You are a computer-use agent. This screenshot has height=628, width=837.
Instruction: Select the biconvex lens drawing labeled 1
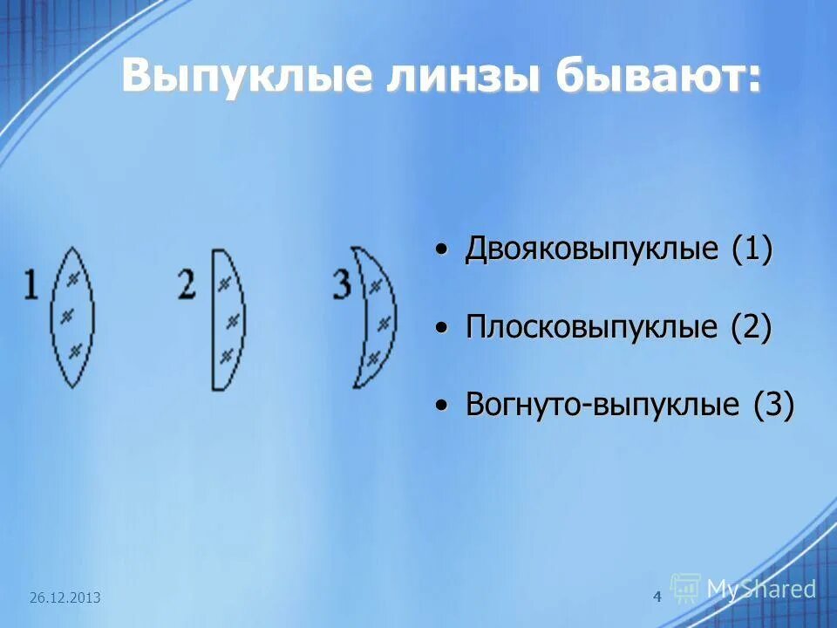click(73, 316)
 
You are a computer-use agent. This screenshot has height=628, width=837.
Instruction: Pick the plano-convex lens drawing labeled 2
click(227, 319)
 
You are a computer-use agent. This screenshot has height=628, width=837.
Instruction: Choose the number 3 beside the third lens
click(341, 284)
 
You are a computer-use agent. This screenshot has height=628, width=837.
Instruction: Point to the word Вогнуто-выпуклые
click(602, 405)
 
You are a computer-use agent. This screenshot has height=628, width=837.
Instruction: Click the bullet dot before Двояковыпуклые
click(443, 251)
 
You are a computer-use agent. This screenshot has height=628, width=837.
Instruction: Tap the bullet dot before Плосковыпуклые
click(443, 328)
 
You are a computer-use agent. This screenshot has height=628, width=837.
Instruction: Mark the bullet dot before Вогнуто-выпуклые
click(443, 406)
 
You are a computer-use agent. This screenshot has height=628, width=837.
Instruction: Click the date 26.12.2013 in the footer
click(65, 597)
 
